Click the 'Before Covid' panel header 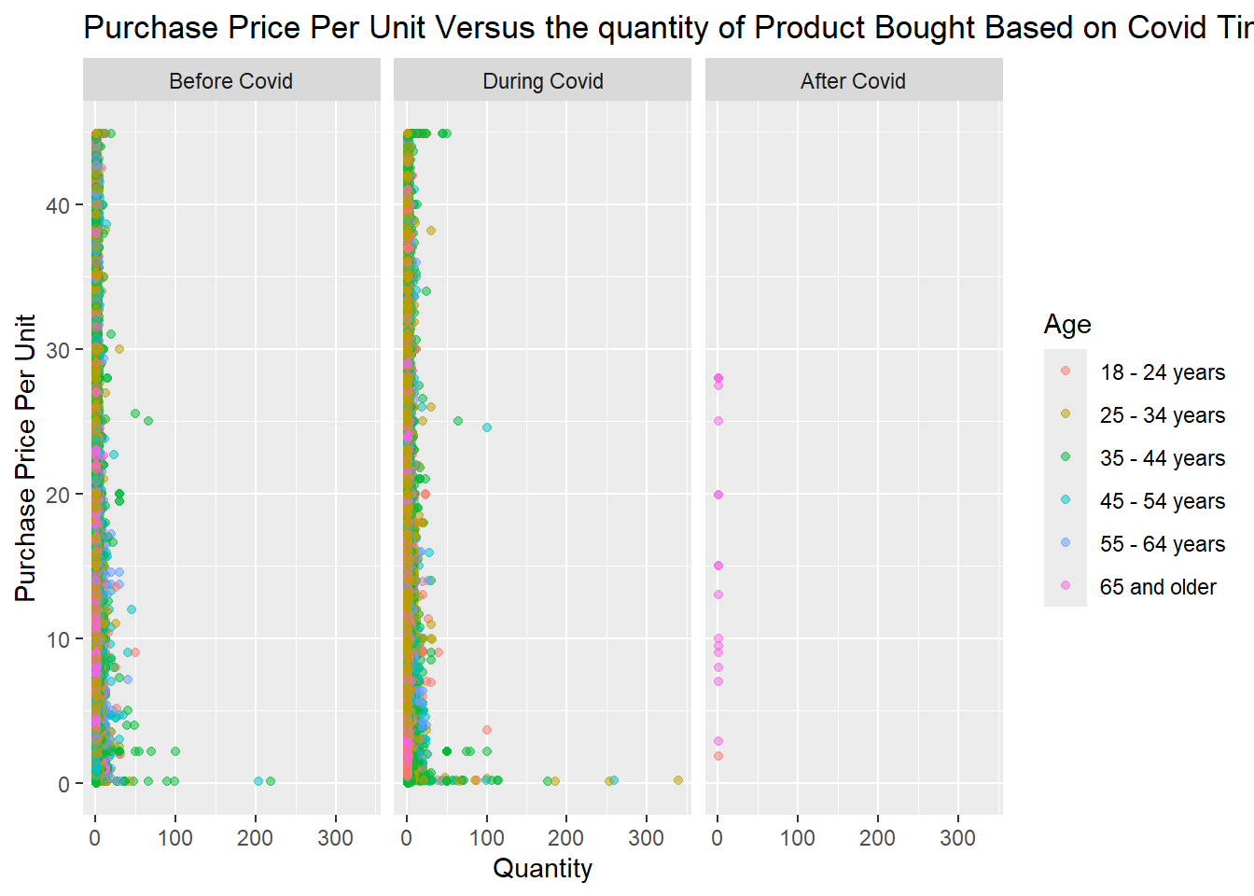point(230,81)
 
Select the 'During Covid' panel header point(542,81)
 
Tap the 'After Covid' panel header point(853,81)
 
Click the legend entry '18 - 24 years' point(1162,372)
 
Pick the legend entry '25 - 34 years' point(1162,415)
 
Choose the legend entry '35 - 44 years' point(1162,458)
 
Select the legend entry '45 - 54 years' point(1162,501)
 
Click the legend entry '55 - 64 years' point(1162,544)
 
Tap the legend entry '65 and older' point(1158,587)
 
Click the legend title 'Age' point(1067,324)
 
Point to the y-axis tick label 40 point(58,205)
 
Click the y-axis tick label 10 point(58,639)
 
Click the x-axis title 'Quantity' point(542,869)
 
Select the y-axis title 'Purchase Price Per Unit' point(25,457)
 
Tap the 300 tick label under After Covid point(957,838)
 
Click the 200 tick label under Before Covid point(255,838)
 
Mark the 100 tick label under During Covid point(486,838)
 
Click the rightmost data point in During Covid point(678,780)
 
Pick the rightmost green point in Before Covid point(271,781)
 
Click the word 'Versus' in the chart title point(485,28)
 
